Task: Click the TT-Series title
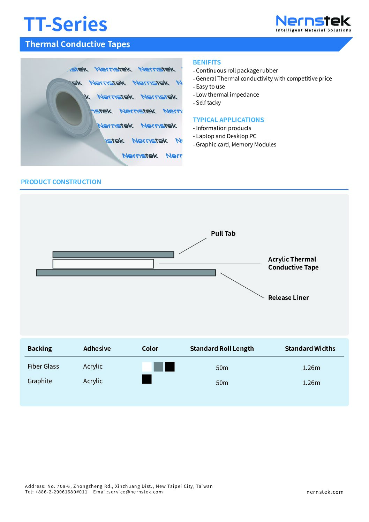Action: point(65,24)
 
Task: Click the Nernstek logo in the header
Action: point(313,23)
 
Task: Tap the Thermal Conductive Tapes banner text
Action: point(77,44)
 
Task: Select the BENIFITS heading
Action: point(207,62)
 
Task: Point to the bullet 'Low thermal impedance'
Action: point(227,94)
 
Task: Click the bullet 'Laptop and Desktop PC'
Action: point(226,136)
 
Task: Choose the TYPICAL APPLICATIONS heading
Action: point(228,120)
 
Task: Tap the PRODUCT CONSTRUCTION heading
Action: point(61,182)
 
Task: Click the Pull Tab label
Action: point(223,234)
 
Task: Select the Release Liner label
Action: point(288,297)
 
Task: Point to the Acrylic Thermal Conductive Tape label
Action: point(293,263)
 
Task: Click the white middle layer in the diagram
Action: point(103,264)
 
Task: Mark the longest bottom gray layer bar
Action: point(126,273)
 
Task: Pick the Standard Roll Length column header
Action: point(222,348)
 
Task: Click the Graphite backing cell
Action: point(40,381)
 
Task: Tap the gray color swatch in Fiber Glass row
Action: point(158,367)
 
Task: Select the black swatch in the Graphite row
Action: point(147,379)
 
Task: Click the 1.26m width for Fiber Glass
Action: point(311,368)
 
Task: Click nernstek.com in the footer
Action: point(325,492)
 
